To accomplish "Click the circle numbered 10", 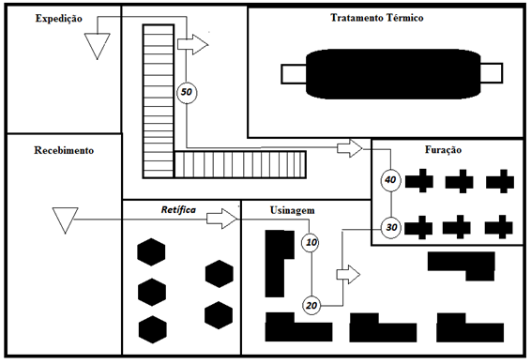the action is pyautogui.click(x=311, y=242).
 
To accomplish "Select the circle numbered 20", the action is pyautogui.click(x=311, y=306).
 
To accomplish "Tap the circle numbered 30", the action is pyautogui.click(x=391, y=227).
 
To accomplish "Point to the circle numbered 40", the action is pyautogui.click(x=391, y=180).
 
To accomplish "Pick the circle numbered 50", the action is pyautogui.click(x=187, y=92).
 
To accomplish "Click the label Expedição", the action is pyautogui.click(x=59, y=18).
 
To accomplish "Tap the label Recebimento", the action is pyautogui.click(x=64, y=150).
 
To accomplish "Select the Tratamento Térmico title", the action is pyautogui.click(x=377, y=18).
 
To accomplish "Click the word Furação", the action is pyautogui.click(x=444, y=150).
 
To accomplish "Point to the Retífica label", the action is pyautogui.click(x=178, y=210).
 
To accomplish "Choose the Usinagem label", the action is pyautogui.click(x=293, y=210).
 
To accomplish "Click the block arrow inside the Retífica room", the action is pyautogui.click(x=221, y=219).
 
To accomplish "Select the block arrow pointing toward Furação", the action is pyautogui.click(x=350, y=148).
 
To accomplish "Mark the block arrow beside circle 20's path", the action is pyautogui.click(x=348, y=275).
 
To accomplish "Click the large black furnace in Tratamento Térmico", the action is pyautogui.click(x=392, y=74).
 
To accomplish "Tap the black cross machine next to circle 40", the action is pyautogui.click(x=419, y=181).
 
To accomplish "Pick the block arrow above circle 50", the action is pyautogui.click(x=192, y=44).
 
